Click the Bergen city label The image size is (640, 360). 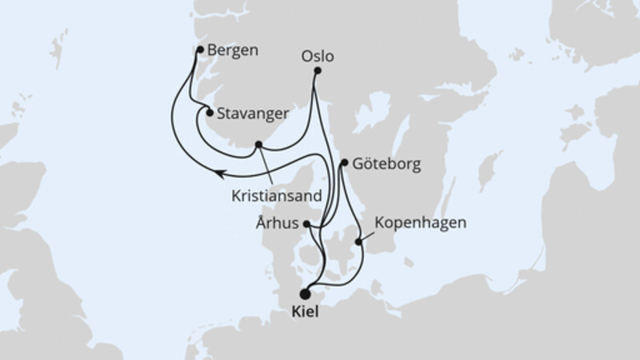point(233,50)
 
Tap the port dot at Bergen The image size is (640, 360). point(200,50)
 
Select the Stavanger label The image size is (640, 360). point(252,113)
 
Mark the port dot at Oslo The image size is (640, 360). point(318,71)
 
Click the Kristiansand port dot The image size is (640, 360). point(258,146)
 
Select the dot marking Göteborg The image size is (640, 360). point(344,163)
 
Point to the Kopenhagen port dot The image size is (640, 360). point(358,242)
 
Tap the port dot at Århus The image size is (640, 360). point(308,226)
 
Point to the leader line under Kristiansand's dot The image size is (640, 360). point(268,166)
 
